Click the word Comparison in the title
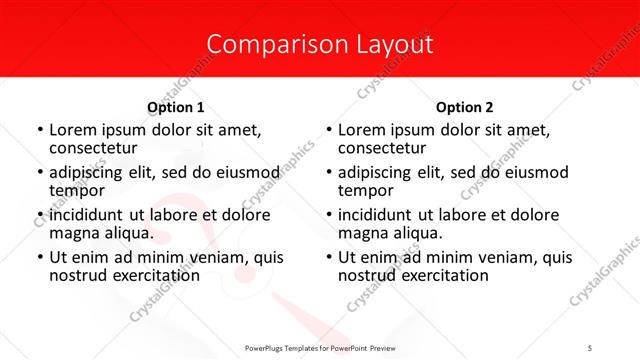point(263,45)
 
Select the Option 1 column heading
point(176,107)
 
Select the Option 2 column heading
point(464,107)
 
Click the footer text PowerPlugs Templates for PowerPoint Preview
point(320,346)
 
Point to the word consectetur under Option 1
point(92,148)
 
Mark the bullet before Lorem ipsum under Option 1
point(39,130)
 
